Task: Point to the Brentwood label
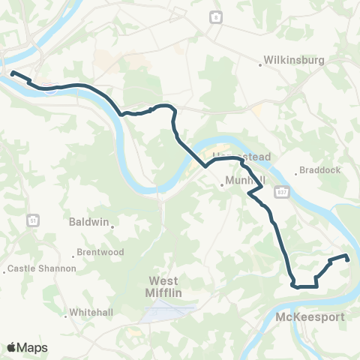[x=103, y=253]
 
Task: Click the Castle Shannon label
[x=43, y=268]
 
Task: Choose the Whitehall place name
[x=89, y=311]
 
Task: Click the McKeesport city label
[x=310, y=317]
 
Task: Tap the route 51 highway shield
[x=32, y=220]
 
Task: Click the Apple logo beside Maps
[x=11, y=347]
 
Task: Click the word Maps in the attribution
[x=32, y=347]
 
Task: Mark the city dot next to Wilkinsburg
[x=260, y=64]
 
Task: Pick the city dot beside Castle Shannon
[x=6, y=269]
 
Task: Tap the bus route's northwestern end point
[x=12, y=73]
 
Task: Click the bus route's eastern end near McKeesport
[x=347, y=258]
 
